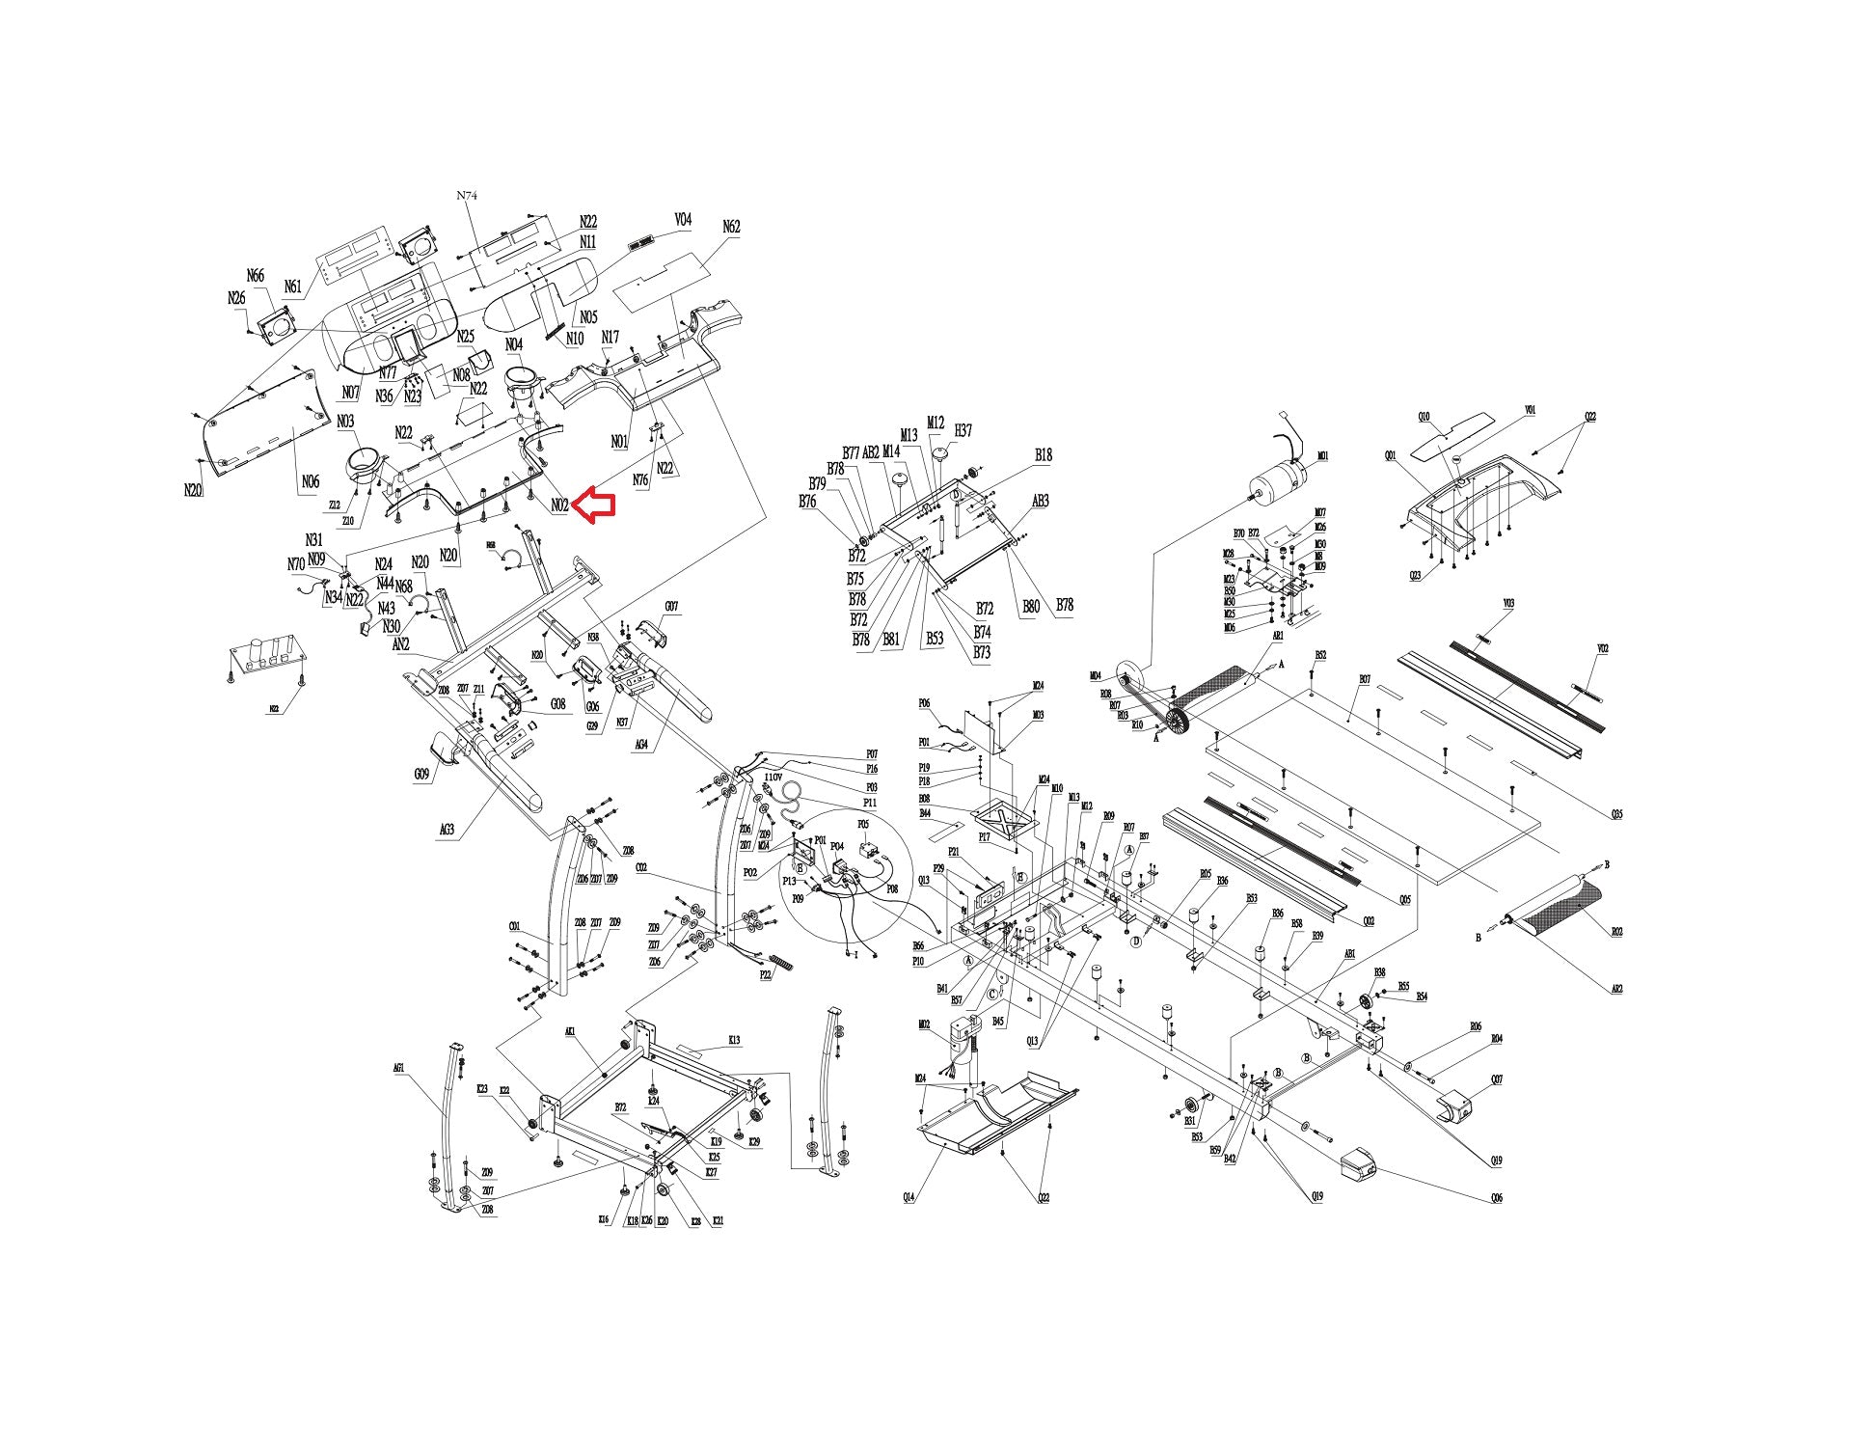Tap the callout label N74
[467, 195]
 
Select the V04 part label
[683, 220]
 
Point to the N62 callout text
[731, 227]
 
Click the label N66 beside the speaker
[256, 276]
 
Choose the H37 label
[963, 430]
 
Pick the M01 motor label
[1322, 455]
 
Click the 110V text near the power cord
[773, 777]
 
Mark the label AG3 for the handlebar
[447, 828]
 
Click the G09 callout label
[421, 774]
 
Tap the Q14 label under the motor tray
[909, 1197]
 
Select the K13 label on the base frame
[734, 1040]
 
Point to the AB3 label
[1041, 502]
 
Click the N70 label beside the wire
[296, 564]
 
